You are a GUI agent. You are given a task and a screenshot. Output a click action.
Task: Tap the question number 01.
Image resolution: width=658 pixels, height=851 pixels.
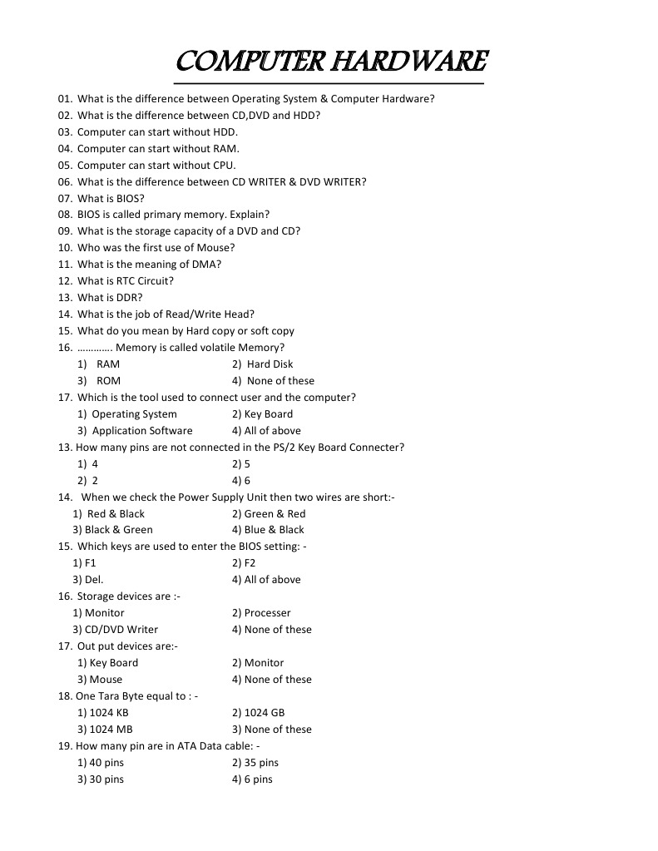pos(65,99)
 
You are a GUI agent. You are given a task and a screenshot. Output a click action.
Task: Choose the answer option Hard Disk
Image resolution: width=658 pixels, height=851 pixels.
pos(270,364)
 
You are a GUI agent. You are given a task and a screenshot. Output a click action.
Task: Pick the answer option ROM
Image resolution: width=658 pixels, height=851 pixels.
pos(108,381)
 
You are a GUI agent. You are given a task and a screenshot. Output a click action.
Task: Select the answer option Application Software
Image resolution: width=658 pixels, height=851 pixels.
pos(141,431)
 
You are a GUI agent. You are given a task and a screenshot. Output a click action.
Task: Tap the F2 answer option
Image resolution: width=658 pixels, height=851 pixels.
pos(250,563)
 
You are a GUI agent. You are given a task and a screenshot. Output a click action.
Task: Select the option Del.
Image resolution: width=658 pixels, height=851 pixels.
pos(93,580)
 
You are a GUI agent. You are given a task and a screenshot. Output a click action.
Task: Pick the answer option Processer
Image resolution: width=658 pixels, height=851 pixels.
pos(267,613)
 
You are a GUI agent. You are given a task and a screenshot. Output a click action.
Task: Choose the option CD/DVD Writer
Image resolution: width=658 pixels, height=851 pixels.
pos(121,630)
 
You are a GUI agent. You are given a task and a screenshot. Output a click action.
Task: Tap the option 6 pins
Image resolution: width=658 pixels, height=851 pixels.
pos(258,779)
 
